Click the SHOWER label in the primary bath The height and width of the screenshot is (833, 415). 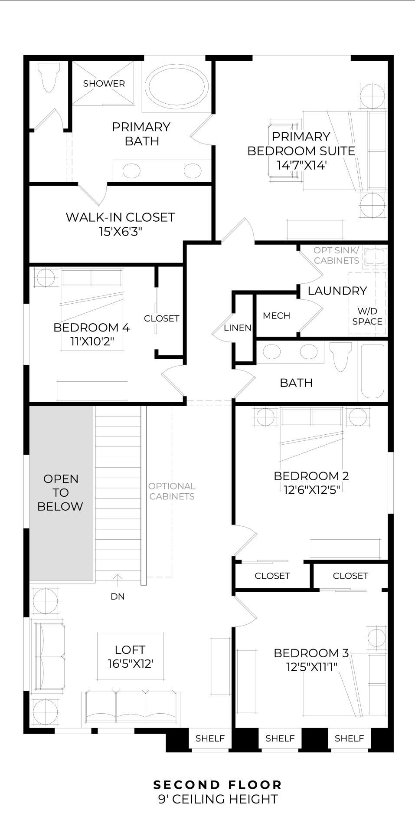tap(104, 84)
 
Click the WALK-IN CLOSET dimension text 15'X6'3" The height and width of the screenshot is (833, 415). tap(120, 232)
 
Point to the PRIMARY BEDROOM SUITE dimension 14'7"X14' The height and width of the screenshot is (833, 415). tap(301, 165)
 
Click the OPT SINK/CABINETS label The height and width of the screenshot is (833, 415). tap(337, 256)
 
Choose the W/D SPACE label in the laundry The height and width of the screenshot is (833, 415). tap(367, 316)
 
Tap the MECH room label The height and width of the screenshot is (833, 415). tap(276, 316)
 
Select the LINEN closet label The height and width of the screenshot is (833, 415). tap(237, 328)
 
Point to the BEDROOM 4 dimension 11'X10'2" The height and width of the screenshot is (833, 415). tap(92, 341)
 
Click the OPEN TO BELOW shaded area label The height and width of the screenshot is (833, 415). tap(61, 492)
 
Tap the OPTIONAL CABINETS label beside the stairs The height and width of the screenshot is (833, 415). tap(172, 491)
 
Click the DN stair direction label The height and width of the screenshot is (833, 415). tap(118, 597)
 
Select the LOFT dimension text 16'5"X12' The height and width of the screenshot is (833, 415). tap(130, 664)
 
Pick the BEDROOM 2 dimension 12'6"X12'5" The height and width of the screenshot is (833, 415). tap(311, 490)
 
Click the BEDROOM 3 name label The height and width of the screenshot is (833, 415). tap(311, 653)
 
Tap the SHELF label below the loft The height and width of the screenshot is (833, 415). tap(210, 738)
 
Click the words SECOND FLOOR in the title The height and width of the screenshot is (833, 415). tap(218, 785)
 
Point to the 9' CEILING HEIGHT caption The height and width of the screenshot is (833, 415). tap(218, 799)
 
